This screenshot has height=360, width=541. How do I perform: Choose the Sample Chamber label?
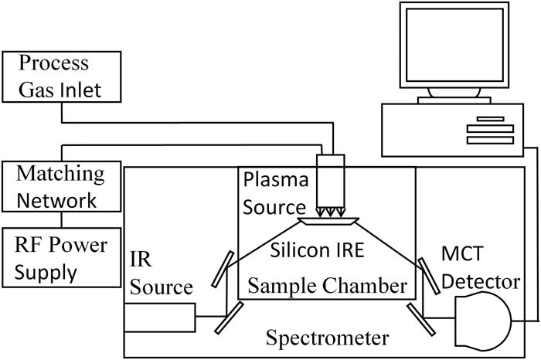[326, 286]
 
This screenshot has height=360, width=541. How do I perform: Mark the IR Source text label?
[161, 275]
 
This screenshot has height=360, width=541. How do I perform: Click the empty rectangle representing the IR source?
[160, 317]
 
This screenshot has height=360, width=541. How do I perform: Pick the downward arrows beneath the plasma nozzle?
[333, 211]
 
